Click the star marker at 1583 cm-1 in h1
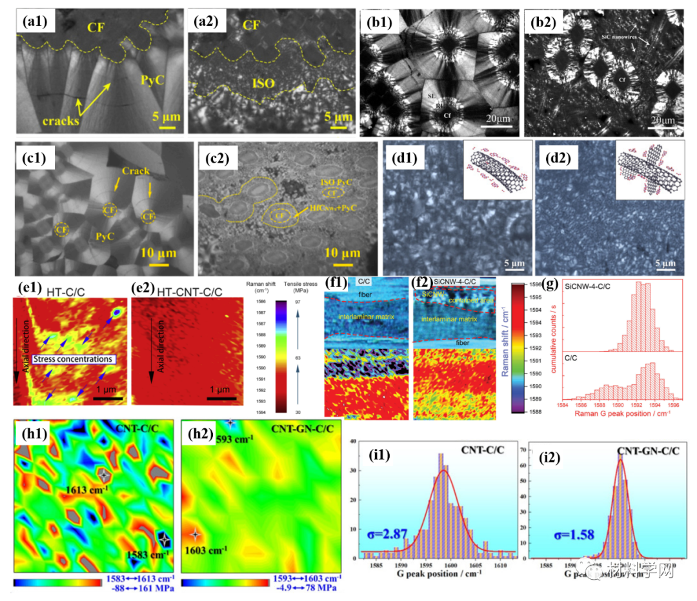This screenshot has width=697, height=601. tap(165, 538)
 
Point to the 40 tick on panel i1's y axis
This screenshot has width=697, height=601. tap(355, 441)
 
